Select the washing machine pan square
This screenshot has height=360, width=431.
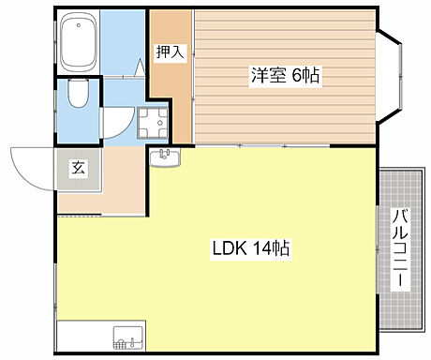tap(152, 121)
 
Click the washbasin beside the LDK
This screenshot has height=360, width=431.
tap(165, 157)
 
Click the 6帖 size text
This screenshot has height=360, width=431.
tap(305, 76)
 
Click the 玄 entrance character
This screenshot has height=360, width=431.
tap(77, 169)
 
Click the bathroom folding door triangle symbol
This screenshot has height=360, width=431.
tap(138, 67)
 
